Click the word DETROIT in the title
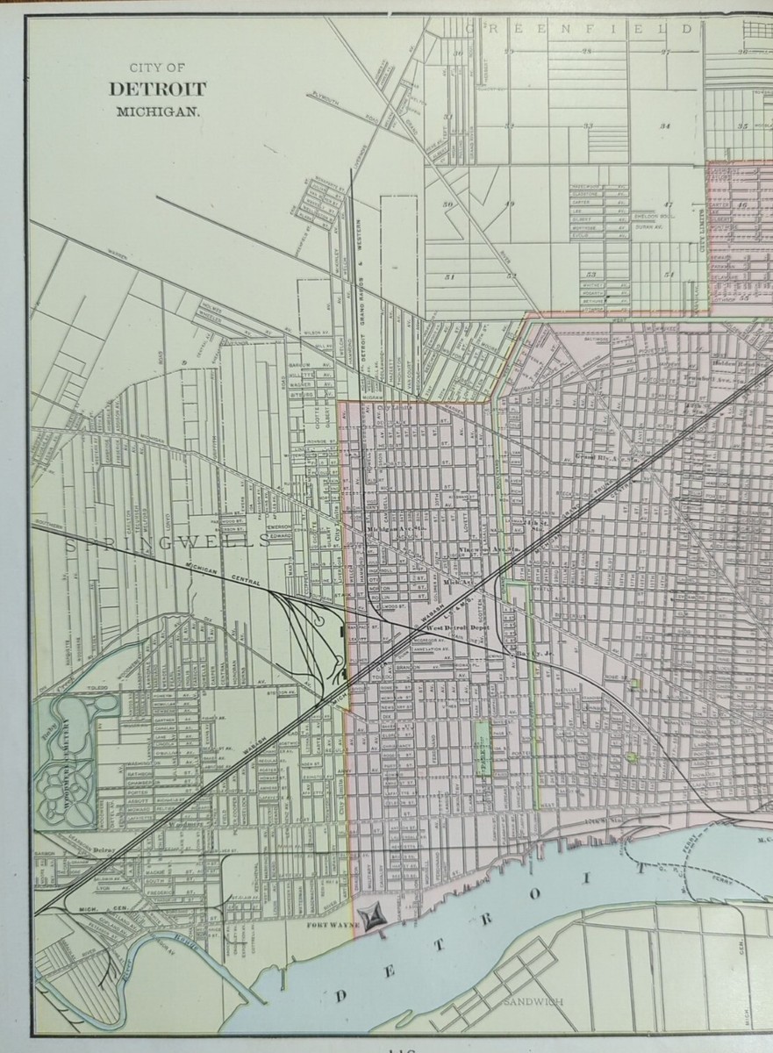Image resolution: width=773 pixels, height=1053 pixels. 158,89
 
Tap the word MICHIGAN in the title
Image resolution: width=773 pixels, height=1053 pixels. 158,111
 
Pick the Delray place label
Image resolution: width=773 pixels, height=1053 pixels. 104,850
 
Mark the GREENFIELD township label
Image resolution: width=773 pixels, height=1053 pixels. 579,28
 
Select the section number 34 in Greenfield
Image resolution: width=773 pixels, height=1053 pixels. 665,125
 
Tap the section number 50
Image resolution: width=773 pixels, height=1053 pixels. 448,204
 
